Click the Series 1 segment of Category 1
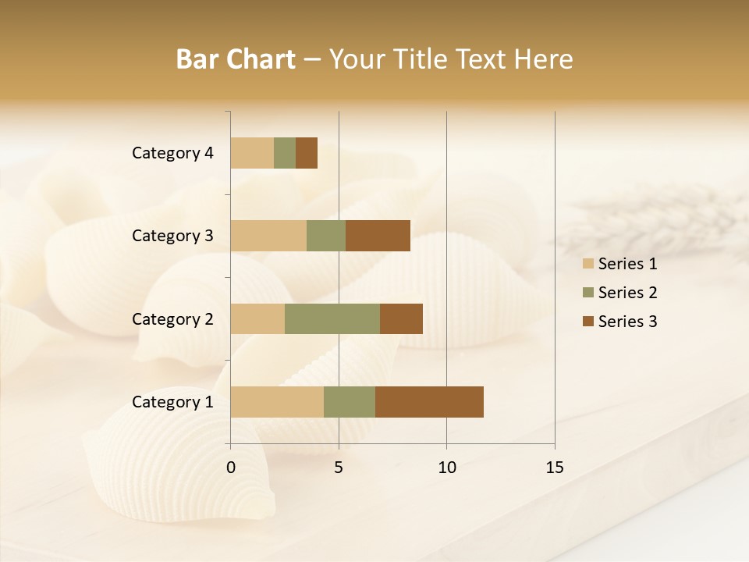[x=277, y=402]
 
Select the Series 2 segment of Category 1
[x=350, y=402]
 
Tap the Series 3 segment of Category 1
[x=429, y=402]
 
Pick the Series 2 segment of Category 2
[x=332, y=318]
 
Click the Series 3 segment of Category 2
[x=401, y=318]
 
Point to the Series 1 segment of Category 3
[x=268, y=236]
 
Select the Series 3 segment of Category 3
[x=378, y=236]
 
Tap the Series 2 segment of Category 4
[x=285, y=153]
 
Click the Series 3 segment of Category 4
[x=307, y=153]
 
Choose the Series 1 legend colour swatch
[x=588, y=264]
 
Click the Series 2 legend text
[x=627, y=293]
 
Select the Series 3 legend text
[x=627, y=322]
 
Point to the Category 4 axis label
[x=172, y=153]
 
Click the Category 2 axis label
[x=172, y=318]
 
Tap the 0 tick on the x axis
[x=231, y=468]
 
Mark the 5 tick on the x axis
[x=339, y=468]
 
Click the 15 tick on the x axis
[x=554, y=468]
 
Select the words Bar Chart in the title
[x=236, y=59]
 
